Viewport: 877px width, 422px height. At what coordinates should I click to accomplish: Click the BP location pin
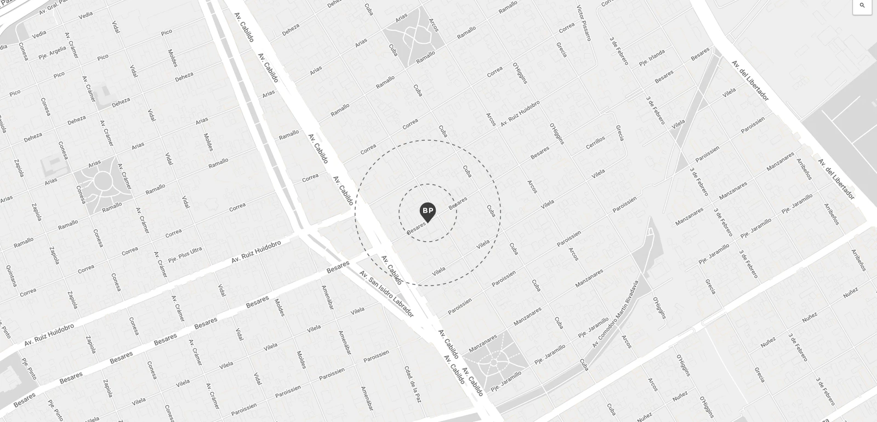[x=428, y=212]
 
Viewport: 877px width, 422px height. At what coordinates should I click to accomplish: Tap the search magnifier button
[x=862, y=6]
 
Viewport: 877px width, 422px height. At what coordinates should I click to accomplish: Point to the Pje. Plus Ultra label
[x=185, y=254]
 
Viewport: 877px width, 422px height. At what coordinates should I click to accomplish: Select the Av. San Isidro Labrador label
[x=386, y=293]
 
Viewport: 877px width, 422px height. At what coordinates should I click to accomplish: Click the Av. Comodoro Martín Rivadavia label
[x=616, y=313]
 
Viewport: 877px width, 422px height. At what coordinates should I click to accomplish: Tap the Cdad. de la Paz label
[x=413, y=384]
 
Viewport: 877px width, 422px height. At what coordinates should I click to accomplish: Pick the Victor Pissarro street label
[x=584, y=22]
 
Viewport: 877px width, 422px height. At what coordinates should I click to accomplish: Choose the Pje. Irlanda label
[x=652, y=58]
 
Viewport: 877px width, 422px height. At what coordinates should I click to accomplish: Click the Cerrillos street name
[x=595, y=142]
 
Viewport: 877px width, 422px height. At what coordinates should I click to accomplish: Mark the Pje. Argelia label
[x=52, y=53]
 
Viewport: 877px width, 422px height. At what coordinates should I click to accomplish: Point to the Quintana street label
[x=12, y=276]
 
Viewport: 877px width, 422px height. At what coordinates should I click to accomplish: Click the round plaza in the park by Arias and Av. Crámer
[x=102, y=181]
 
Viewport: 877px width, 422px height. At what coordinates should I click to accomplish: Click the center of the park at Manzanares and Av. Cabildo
[x=494, y=362]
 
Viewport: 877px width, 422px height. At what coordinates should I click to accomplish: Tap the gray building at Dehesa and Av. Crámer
[x=104, y=91]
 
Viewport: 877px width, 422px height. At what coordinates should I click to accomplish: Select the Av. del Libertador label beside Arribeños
[x=836, y=179]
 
